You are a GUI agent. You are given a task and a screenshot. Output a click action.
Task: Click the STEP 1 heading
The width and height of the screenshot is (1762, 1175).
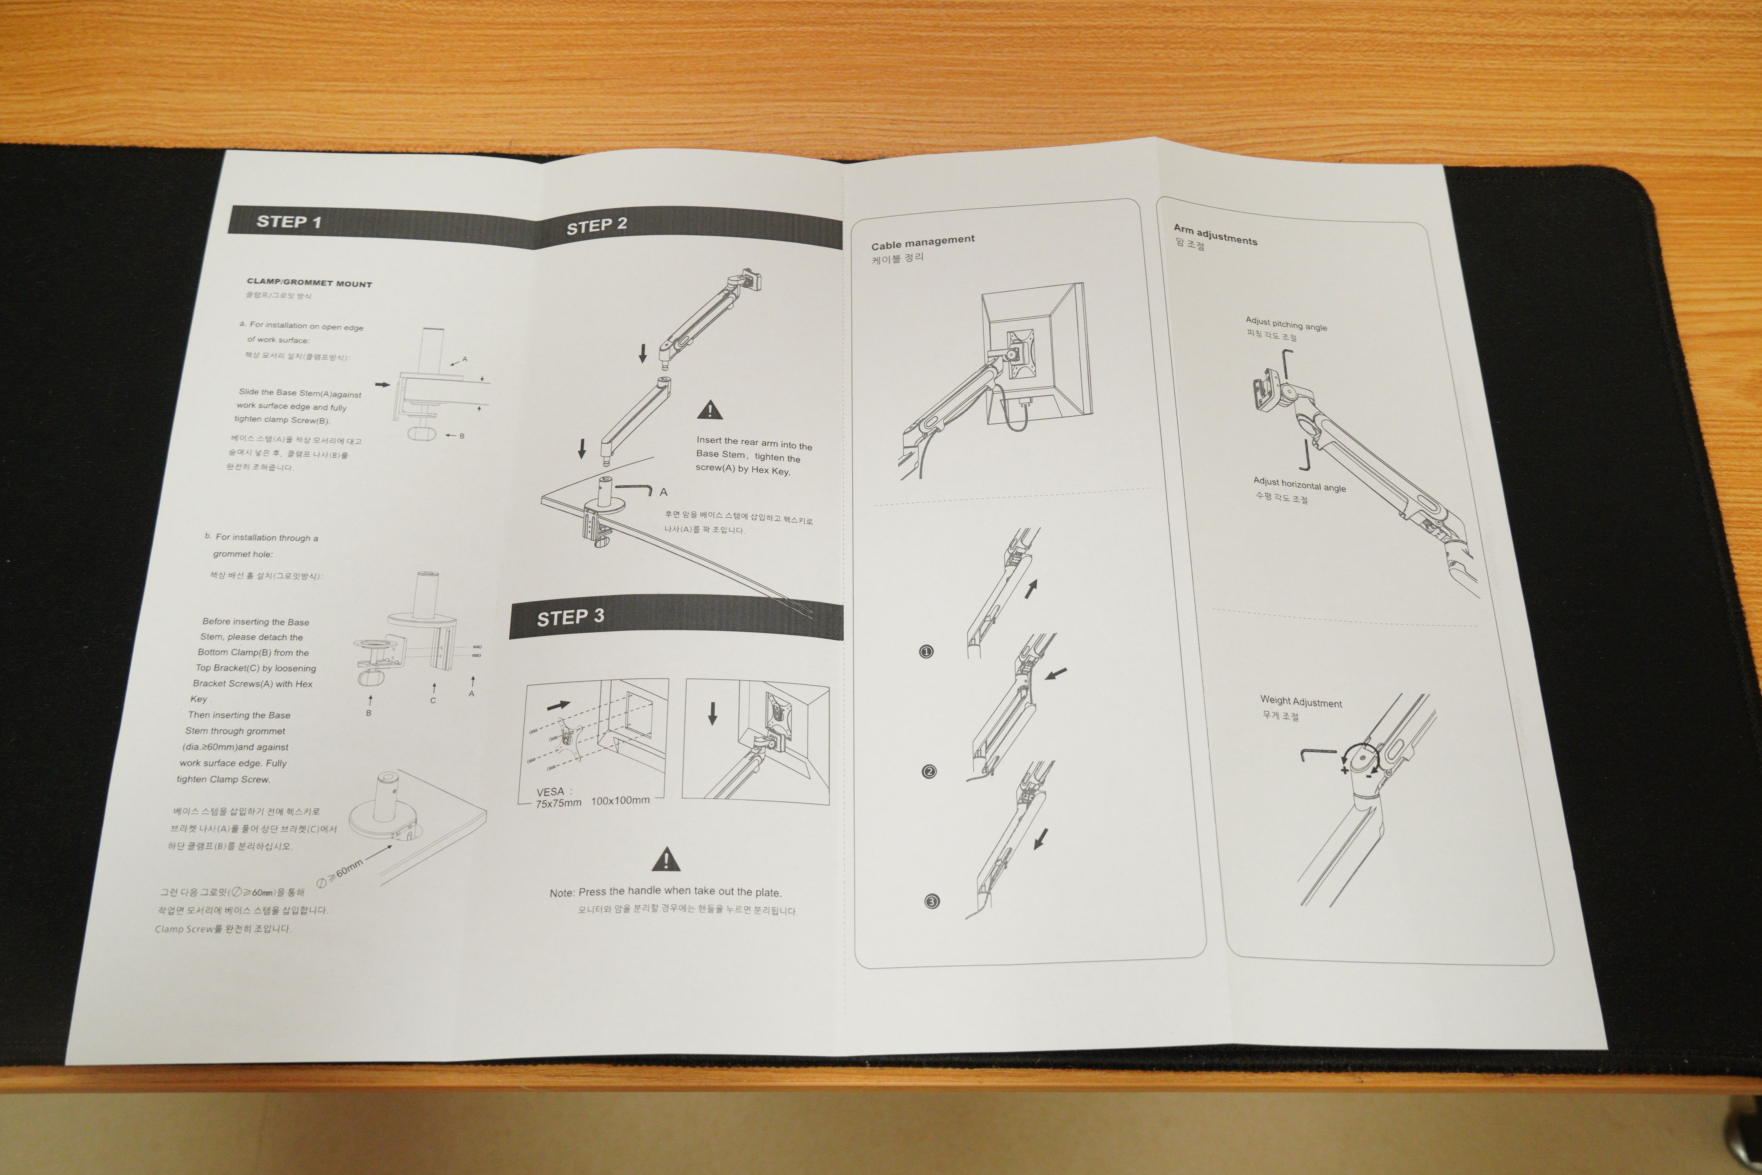pyautogui.click(x=288, y=222)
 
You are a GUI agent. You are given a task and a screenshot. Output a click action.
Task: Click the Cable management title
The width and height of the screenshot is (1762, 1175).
pyautogui.click(x=922, y=242)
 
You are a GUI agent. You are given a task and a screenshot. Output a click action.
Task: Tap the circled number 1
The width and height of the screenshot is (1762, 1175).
pyautogui.click(x=926, y=651)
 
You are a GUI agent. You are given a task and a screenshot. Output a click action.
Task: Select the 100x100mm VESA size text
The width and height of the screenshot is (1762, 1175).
pyautogui.click(x=620, y=800)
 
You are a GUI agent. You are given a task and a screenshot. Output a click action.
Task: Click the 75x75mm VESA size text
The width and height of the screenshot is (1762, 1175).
pyautogui.click(x=558, y=803)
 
